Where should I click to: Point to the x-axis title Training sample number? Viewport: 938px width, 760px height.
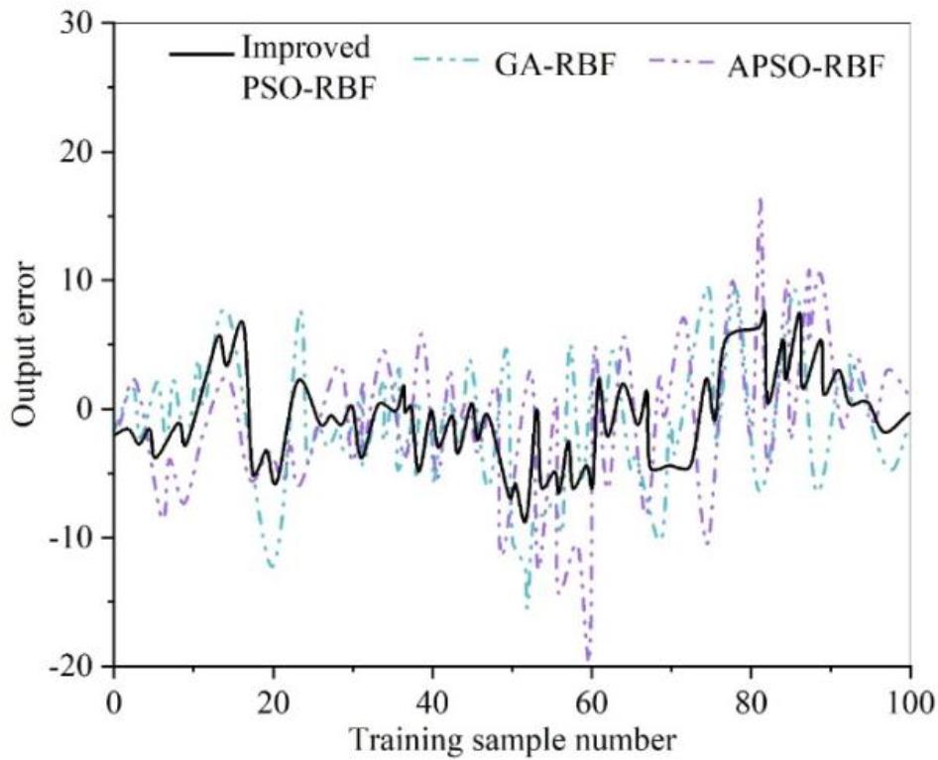coord(512,738)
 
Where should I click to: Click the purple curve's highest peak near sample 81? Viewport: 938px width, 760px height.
coord(760,200)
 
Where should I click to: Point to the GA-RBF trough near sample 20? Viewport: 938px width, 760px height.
coord(271,567)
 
